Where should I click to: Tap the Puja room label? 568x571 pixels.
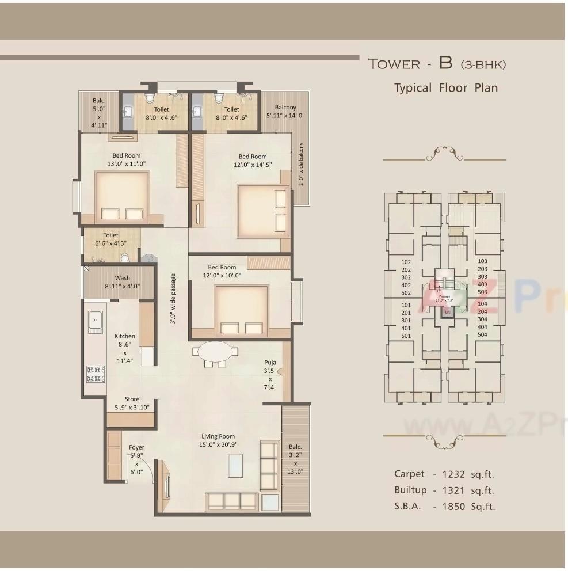click(x=270, y=363)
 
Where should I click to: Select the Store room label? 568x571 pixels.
click(x=132, y=399)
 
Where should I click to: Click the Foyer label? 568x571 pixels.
click(x=136, y=447)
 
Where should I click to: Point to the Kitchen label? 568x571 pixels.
click(x=125, y=336)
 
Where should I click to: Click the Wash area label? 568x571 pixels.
click(x=122, y=278)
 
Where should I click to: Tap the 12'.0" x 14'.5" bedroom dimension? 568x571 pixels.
click(x=253, y=165)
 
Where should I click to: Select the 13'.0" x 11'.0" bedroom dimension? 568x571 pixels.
click(x=126, y=163)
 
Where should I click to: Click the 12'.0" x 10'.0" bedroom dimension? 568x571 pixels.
click(x=222, y=275)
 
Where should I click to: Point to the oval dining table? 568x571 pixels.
click(x=215, y=351)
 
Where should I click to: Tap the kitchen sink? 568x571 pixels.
click(x=95, y=322)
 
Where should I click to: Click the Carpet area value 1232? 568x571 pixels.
click(x=455, y=474)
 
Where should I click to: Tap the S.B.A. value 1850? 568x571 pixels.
click(x=455, y=507)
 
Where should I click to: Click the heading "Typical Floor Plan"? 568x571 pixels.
click(x=445, y=88)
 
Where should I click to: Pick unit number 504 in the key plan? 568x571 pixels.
click(x=482, y=334)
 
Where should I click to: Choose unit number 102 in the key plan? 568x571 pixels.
click(x=406, y=261)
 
